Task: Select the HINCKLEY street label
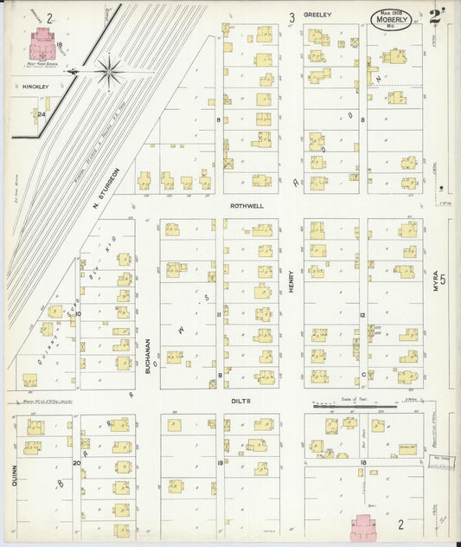tap(22, 87)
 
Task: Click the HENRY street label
tap(291, 283)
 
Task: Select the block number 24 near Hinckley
tap(41, 113)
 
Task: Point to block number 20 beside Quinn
tap(76, 463)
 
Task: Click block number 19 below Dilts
tap(221, 464)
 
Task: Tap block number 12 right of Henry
tap(363, 315)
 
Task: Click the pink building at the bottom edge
tap(365, 525)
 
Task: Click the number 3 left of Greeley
tap(291, 16)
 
